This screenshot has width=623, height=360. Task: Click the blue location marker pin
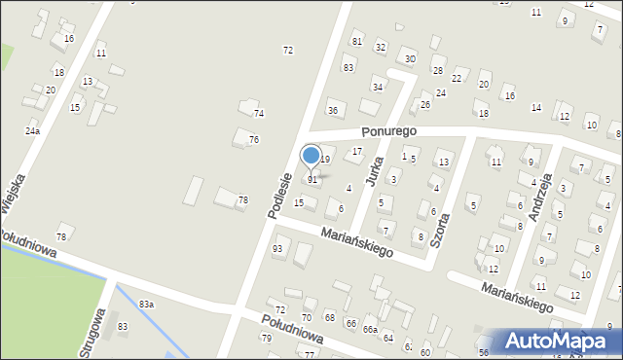pyautogui.click(x=311, y=156)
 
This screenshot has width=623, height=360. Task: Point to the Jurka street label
pyautogui.click(x=373, y=170)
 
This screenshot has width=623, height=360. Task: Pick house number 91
pyautogui.click(x=312, y=180)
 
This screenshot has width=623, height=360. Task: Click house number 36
pyautogui.click(x=333, y=111)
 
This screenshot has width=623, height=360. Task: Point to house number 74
pyautogui.click(x=259, y=114)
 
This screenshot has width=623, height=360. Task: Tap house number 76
pyautogui.click(x=253, y=140)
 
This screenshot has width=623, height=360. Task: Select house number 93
pyautogui.click(x=277, y=250)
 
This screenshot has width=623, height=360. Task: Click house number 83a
pyautogui.click(x=146, y=305)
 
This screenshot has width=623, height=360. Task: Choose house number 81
pyautogui.click(x=357, y=41)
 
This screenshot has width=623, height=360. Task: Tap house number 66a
pyautogui.click(x=370, y=330)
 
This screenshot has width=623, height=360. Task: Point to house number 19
pyautogui.click(x=325, y=160)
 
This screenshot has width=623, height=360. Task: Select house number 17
pyautogui.click(x=357, y=152)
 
